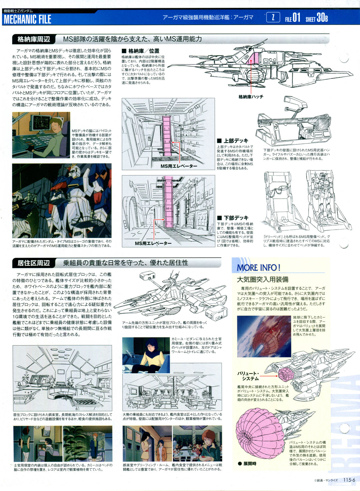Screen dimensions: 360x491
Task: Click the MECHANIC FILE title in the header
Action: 27,19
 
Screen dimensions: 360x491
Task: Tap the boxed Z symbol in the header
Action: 273,17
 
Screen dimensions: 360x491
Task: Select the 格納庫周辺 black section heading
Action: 34,39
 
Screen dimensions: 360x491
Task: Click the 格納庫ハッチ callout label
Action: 251,97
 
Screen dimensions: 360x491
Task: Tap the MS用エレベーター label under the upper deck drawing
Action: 179,166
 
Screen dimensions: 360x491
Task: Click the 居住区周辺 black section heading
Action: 34,263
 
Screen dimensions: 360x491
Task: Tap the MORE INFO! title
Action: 259,267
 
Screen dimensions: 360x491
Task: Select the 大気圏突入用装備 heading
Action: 263,279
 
